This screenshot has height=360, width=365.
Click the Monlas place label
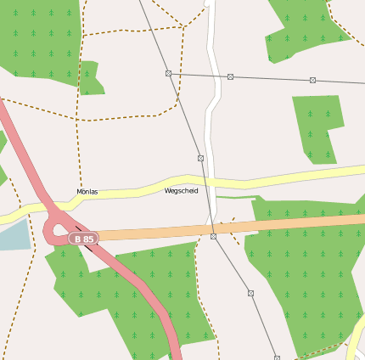point(87,192)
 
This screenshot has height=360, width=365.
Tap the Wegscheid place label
point(182,191)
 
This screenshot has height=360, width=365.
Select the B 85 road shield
point(83,239)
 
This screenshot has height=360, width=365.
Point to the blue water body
point(12,233)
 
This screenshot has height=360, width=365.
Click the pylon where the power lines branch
point(168,74)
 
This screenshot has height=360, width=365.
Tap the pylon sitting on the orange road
point(213,237)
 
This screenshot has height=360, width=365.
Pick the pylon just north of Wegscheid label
point(200,158)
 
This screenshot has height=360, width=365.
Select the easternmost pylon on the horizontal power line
point(312,80)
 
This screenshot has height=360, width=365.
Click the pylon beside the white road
point(230,76)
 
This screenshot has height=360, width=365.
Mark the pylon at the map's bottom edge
point(277,357)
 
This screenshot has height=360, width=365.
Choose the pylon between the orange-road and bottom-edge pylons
point(250,293)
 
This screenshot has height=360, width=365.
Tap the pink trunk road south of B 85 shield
point(144,293)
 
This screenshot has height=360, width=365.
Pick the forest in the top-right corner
point(306,25)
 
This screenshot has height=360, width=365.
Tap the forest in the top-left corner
point(38,38)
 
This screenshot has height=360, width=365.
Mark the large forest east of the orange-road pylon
point(306,272)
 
